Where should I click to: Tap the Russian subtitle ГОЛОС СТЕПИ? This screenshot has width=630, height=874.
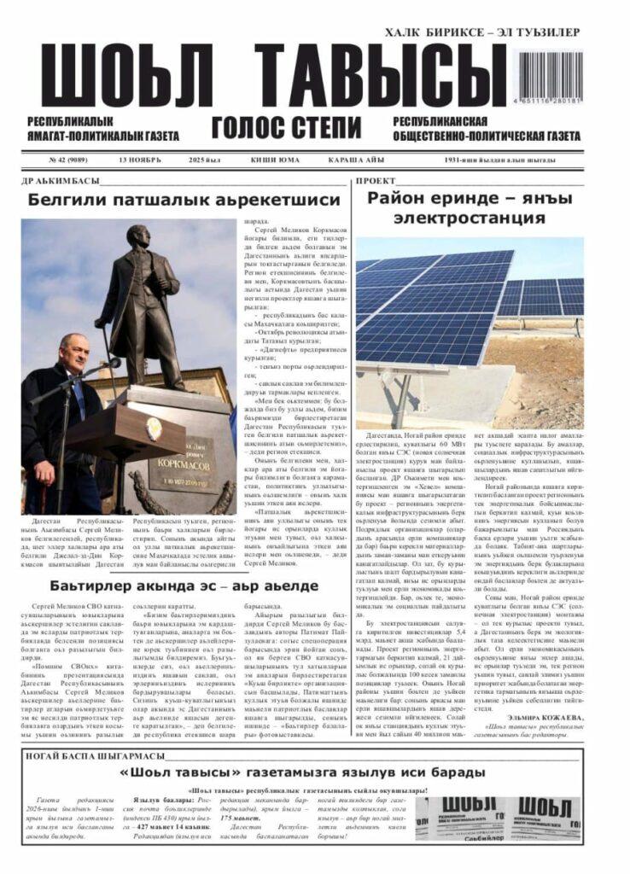pyautogui.click(x=287, y=128)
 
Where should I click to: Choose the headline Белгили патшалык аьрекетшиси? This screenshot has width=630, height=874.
pyautogui.click(x=184, y=200)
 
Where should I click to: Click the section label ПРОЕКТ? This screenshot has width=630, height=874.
pyautogui.click(x=376, y=181)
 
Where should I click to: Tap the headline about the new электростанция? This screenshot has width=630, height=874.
pyautogui.click(x=469, y=207)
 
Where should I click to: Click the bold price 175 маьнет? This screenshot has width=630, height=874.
pyautogui.click(x=236, y=818)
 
